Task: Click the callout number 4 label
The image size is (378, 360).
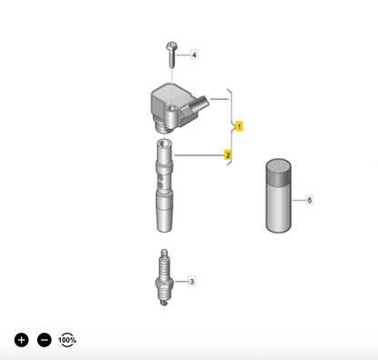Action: point(194,55)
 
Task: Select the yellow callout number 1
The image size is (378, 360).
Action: point(239,126)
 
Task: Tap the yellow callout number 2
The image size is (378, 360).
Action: point(228,155)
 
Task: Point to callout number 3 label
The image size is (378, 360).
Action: point(192,282)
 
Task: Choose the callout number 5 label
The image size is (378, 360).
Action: point(309,200)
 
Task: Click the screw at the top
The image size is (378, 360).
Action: point(172,55)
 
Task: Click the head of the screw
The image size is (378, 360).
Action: point(172,46)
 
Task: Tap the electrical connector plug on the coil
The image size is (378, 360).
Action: point(199,105)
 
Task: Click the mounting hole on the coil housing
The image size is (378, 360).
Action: point(172,108)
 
